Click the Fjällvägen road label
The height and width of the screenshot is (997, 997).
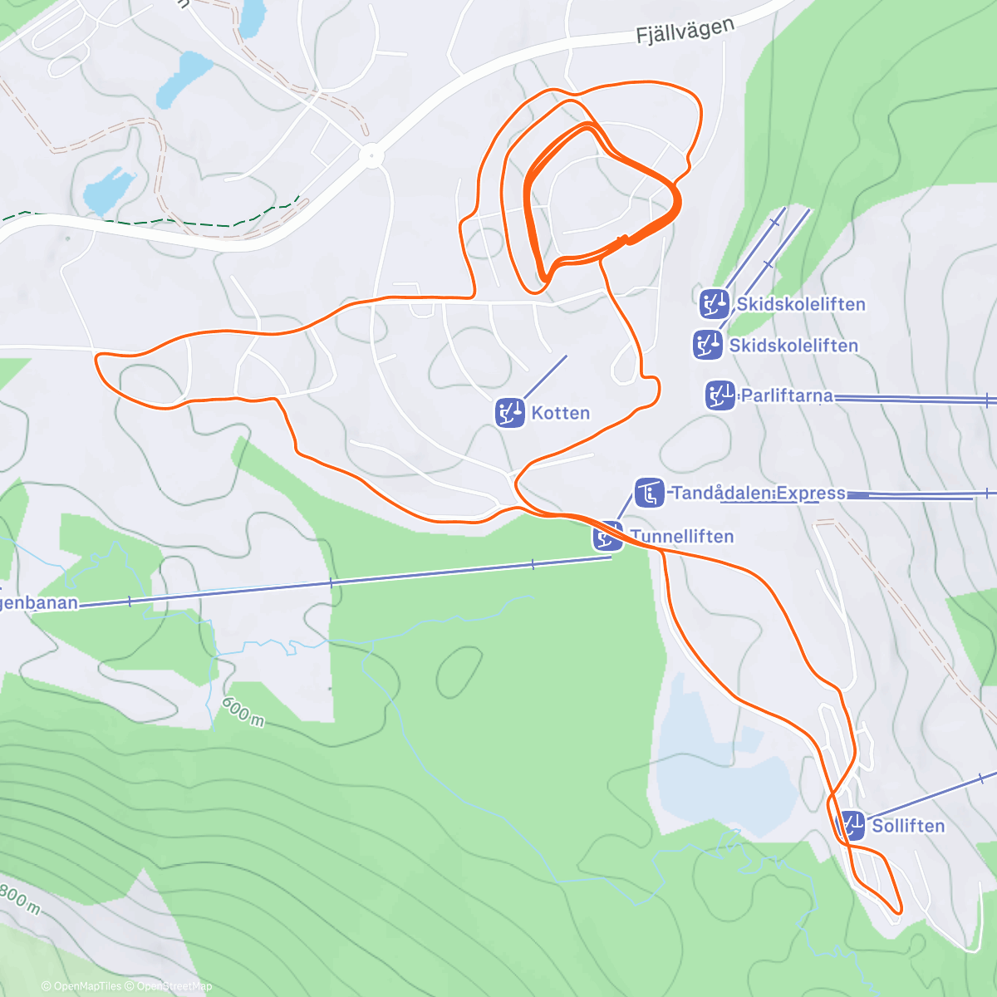click(x=685, y=32)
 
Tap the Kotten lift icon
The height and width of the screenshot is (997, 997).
click(x=510, y=412)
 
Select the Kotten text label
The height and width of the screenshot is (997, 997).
click(x=560, y=413)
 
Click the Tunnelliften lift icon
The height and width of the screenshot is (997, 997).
click(x=608, y=536)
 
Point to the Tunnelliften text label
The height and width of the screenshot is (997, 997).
click(x=682, y=537)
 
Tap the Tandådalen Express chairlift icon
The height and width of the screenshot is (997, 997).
click(x=649, y=493)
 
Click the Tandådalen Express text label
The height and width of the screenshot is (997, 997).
click(x=758, y=494)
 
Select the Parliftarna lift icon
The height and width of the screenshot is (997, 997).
click(x=720, y=395)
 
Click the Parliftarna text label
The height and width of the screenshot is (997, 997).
click(x=786, y=395)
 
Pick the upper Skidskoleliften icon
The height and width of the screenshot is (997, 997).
click(x=714, y=304)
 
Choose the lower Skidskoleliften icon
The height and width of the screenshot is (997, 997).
click(x=707, y=345)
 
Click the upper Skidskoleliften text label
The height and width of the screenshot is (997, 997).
click(x=801, y=304)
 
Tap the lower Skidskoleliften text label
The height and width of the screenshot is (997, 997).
click(x=793, y=346)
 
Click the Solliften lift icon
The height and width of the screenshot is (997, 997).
click(x=851, y=826)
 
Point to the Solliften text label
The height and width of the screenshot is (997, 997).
click(x=908, y=826)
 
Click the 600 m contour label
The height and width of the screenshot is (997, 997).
click(x=243, y=712)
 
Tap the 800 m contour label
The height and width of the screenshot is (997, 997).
click(x=18, y=897)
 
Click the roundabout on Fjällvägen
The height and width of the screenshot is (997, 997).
click(x=371, y=155)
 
